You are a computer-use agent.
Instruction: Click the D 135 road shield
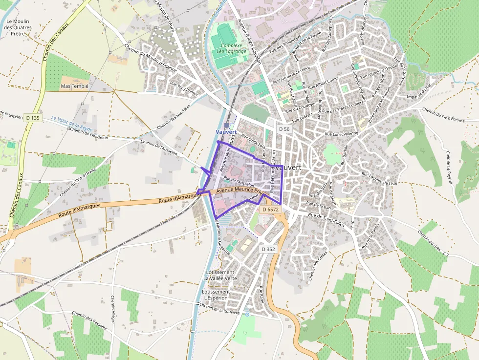33,118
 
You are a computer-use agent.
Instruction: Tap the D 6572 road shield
270,209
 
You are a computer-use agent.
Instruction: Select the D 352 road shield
268,249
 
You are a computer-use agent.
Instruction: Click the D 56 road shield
284,129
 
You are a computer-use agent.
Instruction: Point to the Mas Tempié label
74,86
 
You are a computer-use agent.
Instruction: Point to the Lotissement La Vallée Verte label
220,275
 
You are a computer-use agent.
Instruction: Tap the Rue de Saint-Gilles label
326,217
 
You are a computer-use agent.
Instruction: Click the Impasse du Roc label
420,97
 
